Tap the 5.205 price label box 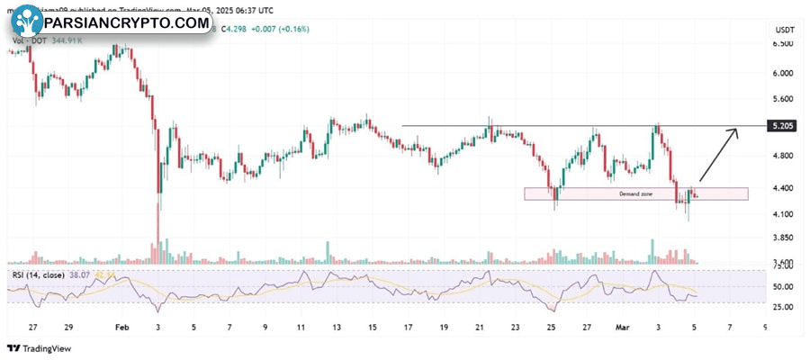tap(783, 127)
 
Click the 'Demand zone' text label tap(635, 194)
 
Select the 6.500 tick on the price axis tap(783, 43)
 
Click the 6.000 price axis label tap(783, 73)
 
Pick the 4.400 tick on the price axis tap(783, 188)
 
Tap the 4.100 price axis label tap(783, 214)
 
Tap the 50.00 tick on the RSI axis tap(783, 287)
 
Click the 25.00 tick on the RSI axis tap(783, 307)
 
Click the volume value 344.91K tap(68, 40)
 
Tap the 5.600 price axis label tap(783, 99)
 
